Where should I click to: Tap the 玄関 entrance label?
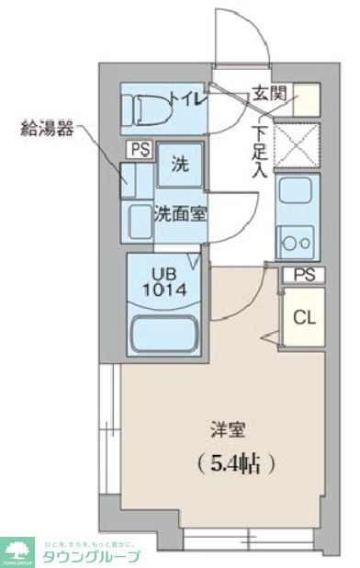(x=269, y=94)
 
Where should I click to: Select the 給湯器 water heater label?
(x=47, y=129)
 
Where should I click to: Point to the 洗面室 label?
(x=180, y=214)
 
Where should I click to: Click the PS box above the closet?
(x=302, y=274)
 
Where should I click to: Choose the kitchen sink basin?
(x=297, y=195)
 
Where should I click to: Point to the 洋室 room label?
(x=223, y=428)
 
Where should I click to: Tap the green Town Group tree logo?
(x=17, y=551)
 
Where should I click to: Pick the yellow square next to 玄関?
(x=307, y=97)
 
